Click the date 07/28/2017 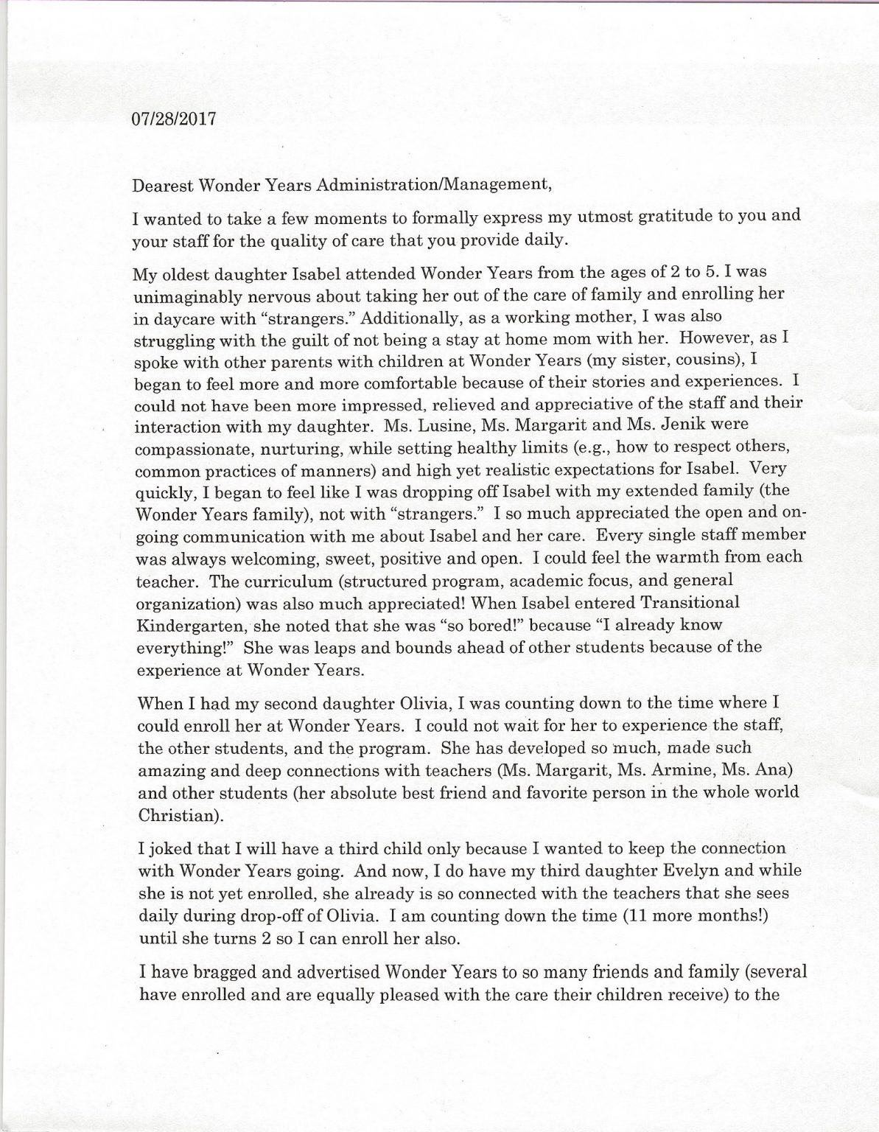pyautogui.click(x=174, y=119)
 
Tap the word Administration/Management pyautogui.click(x=433, y=184)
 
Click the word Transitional pyautogui.click(x=689, y=602)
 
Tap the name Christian pyautogui.click(x=175, y=817)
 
